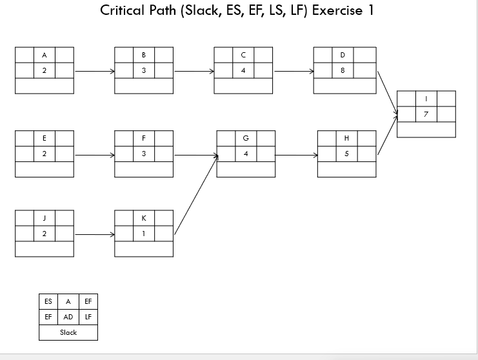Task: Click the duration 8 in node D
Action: click(x=343, y=70)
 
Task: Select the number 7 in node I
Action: click(x=426, y=114)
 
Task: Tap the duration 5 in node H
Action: click(x=347, y=154)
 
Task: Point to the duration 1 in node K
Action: click(x=144, y=234)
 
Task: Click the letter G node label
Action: click(x=246, y=138)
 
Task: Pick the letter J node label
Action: click(x=45, y=218)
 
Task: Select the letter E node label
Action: click(x=45, y=138)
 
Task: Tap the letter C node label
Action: click(x=243, y=55)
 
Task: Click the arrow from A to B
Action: click(x=94, y=71)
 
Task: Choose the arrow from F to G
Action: click(x=195, y=155)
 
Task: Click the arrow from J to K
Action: click(x=94, y=234)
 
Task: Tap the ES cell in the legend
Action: click(x=48, y=301)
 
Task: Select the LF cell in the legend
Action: click(x=88, y=317)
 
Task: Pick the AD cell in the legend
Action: click(x=68, y=317)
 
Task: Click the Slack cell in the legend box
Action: click(x=68, y=332)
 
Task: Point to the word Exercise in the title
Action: click(x=337, y=11)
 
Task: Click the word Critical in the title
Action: click(x=123, y=11)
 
